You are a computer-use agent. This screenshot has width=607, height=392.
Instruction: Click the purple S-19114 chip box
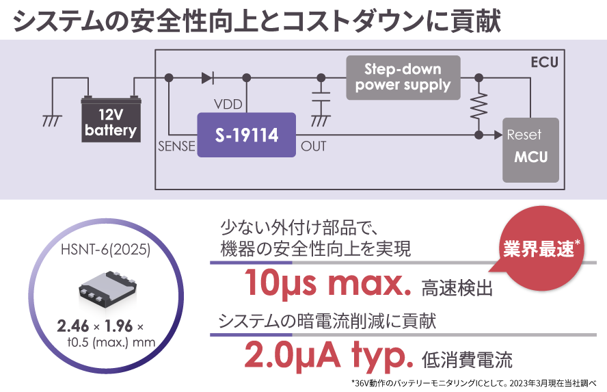click(247, 135)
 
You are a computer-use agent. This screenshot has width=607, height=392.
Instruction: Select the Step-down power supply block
click(403, 77)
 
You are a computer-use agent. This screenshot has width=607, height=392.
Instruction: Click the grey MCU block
click(530, 150)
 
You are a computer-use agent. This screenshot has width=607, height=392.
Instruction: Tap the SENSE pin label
click(176, 146)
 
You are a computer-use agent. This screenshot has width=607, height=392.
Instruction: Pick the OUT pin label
click(314, 146)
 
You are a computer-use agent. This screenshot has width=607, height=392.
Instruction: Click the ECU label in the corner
click(544, 62)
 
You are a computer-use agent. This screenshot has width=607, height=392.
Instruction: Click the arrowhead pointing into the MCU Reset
click(496, 135)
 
